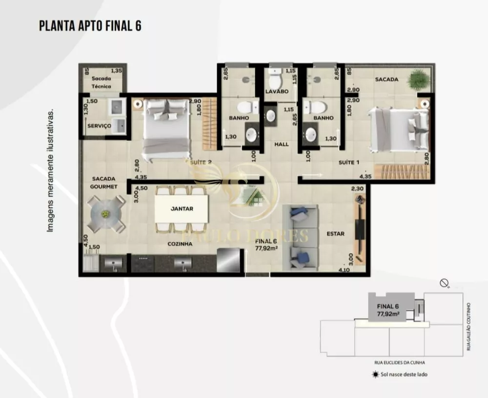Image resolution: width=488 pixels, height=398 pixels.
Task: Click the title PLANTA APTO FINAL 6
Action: (x=90, y=26)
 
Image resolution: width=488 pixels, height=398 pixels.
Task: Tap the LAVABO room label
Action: (x=277, y=91)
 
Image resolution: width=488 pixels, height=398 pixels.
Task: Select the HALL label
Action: (x=281, y=144)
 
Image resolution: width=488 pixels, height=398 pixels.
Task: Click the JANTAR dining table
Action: (x=182, y=209)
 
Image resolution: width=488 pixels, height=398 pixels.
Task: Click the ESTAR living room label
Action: (x=335, y=234)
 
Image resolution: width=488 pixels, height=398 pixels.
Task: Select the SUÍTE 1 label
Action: (x=349, y=162)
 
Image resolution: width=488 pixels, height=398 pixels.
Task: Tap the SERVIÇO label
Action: (x=99, y=126)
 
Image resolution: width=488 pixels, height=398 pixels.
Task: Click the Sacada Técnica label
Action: (x=101, y=83)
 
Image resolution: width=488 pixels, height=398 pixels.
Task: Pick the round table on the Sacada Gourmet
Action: (x=105, y=214)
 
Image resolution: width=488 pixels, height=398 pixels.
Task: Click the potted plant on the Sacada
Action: (x=418, y=79)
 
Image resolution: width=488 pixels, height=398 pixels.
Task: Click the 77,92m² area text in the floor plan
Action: (x=266, y=248)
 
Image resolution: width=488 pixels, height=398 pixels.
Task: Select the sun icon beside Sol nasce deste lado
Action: (x=375, y=375)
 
